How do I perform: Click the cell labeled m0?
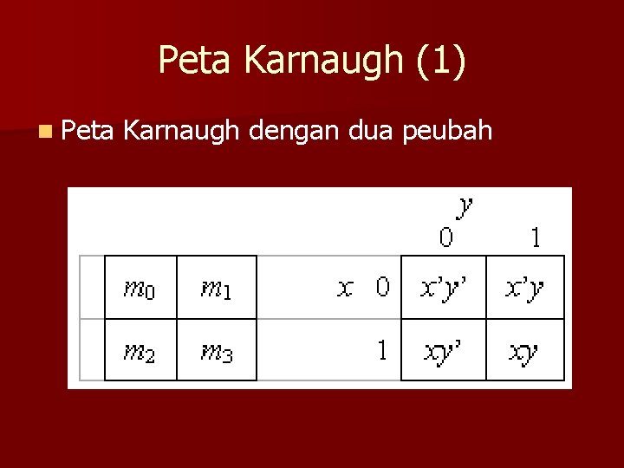tap(140, 288)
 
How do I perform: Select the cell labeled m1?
tap(217, 288)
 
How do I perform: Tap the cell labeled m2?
tap(140, 351)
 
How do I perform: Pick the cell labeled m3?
tap(217, 351)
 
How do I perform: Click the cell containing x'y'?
tap(443, 288)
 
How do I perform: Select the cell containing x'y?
tap(525, 288)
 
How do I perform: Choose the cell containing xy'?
tap(443, 351)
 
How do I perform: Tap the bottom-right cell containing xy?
tap(525, 351)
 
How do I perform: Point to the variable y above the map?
tap(465, 206)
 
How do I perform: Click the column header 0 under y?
tap(445, 237)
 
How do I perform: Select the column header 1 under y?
tap(536, 237)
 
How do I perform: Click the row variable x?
tap(345, 288)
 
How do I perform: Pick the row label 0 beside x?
tap(382, 288)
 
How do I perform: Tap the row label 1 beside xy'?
tap(382, 351)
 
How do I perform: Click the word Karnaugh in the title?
tap(323, 61)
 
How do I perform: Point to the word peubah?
tap(451, 133)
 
